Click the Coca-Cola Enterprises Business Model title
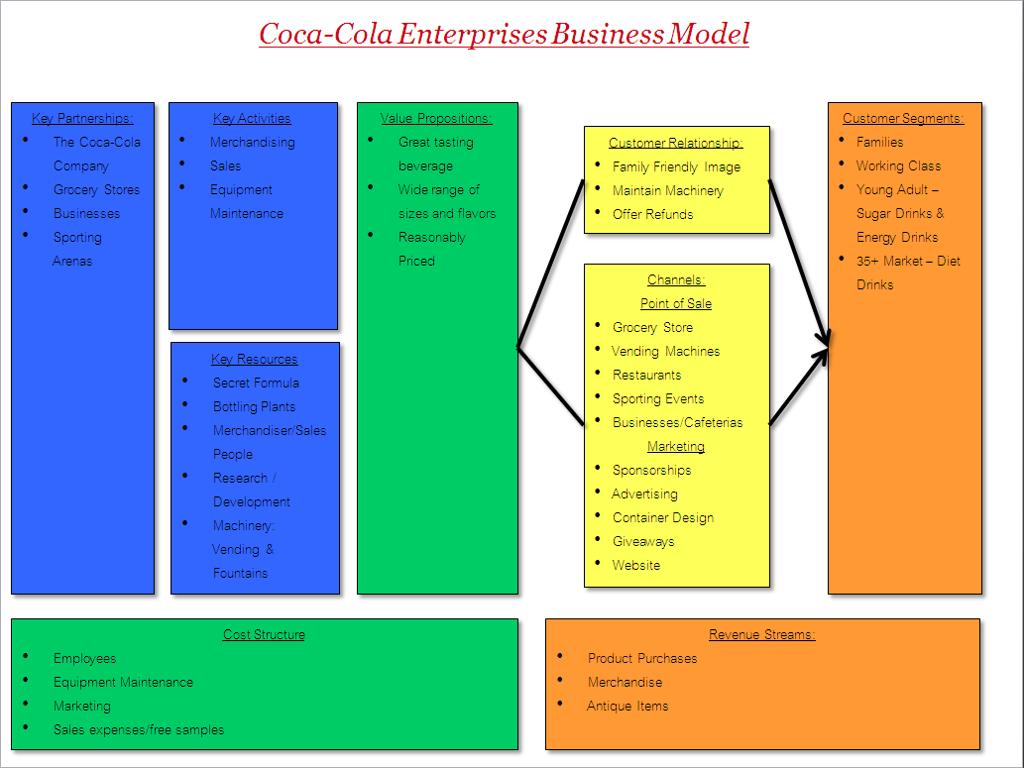[x=505, y=34]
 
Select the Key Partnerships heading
[x=82, y=118]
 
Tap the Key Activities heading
[x=252, y=118]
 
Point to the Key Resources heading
[x=254, y=359]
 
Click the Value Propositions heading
[x=436, y=118]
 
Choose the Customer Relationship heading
[x=676, y=143]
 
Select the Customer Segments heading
[x=903, y=118]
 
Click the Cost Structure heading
[x=264, y=635]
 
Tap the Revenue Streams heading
[x=762, y=635]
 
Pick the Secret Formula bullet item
[x=256, y=383]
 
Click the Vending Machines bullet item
[x=665, y=352]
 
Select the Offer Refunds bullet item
[x=652, y=214]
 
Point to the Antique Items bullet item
[x=627, y=706]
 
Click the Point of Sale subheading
[x=676, y=303]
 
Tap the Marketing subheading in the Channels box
[x=676, y=447]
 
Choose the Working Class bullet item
[x=899, y=165]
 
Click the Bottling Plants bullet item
[x=254, y=407]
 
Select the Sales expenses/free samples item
[x=139, y=730]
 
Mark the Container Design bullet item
[x=663, y=518]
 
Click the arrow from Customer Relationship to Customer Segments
[x=799, y=263]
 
